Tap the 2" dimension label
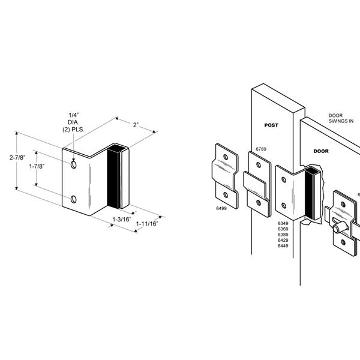pyautogui.click(x=136, y=125)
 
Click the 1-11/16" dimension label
pyautogui.click(x=146, y=224)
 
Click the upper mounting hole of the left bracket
pyautogui.click(x=73, y=164)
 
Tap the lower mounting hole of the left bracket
pyautogui.click(x=73, y=199)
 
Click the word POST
pyautogui.click(x=272, y=125)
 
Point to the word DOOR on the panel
pyautogui.click(x=320, y=152)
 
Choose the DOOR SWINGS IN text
pyautogui.click(x=340, y=118)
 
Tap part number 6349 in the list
pyautogui.click(x=283, y=223)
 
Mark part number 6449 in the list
pyautogui.click(x=283, y=245)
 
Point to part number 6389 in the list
pyautogui.click(x=283, y=234)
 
